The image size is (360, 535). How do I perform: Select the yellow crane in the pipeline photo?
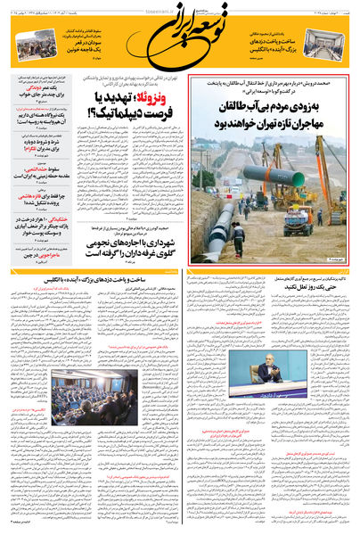click(331, 192)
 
